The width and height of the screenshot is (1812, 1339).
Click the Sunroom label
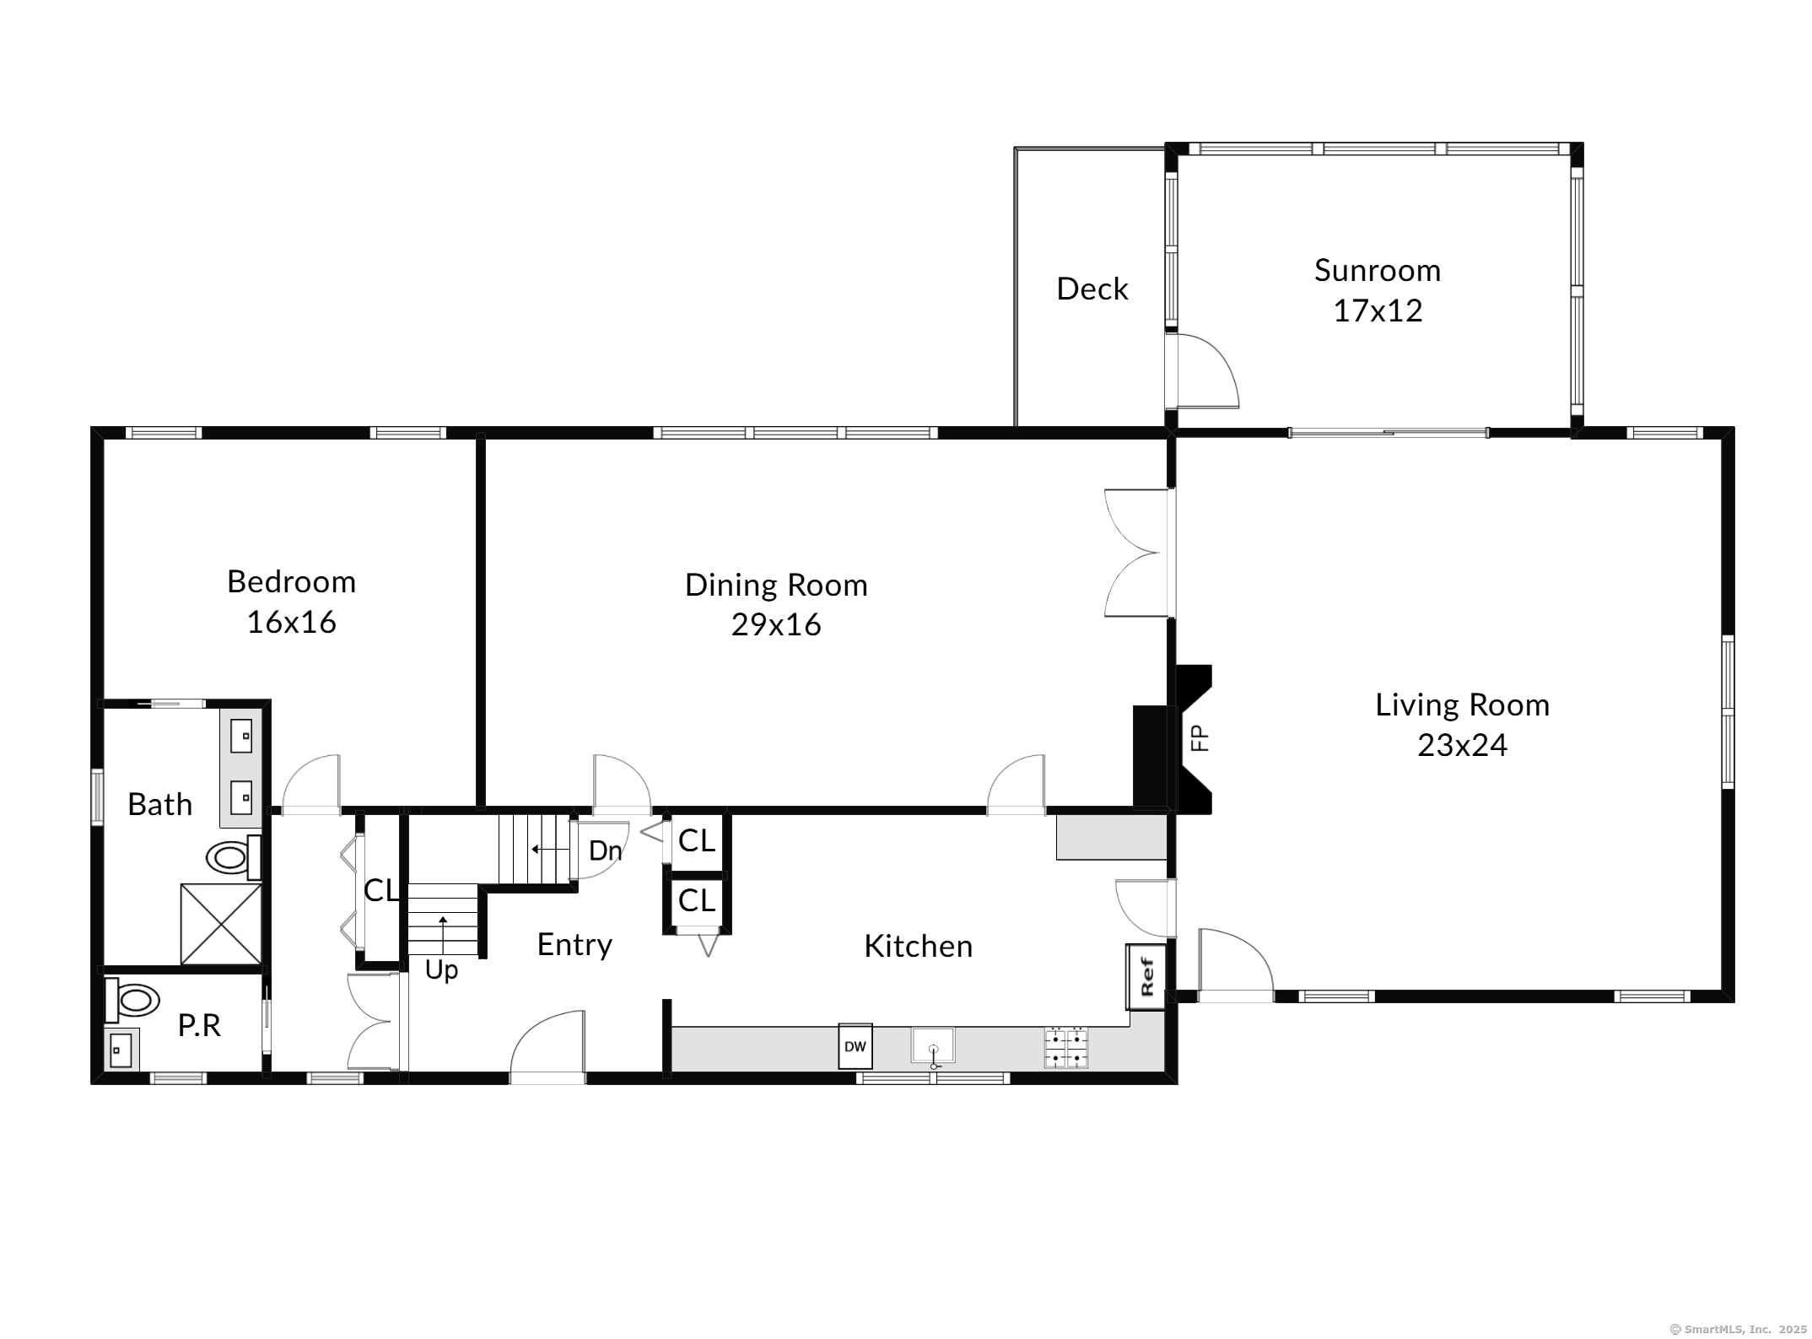coord(1377,271)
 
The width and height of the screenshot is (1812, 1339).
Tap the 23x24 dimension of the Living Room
coord(1462,745)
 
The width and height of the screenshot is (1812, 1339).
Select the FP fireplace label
coord(1199,738)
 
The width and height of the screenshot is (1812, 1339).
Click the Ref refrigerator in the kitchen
coord(1146,976)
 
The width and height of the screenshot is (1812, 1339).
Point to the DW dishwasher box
coord(855,1046)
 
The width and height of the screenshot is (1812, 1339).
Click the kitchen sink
coord(933,1045)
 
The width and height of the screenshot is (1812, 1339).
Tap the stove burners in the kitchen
coord(1066,1048)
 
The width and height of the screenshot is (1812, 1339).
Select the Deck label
coord(1092,289)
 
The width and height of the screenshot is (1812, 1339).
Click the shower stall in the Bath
coord(221,924)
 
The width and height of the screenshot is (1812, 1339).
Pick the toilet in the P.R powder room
coord(132,1001)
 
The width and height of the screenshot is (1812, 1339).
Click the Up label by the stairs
coord(441,971)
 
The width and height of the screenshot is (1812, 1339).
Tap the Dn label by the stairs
coord(605,850)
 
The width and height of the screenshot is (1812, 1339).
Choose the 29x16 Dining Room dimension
coord(776,625)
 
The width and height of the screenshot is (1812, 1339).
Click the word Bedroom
coord(291,582)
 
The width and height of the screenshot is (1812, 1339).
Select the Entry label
coord(574,945)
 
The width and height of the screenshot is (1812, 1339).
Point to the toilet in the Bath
coord(234,857)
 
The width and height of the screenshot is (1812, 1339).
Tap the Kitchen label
coord(918,947)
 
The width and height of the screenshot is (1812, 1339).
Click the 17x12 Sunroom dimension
coord(1378,311)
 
